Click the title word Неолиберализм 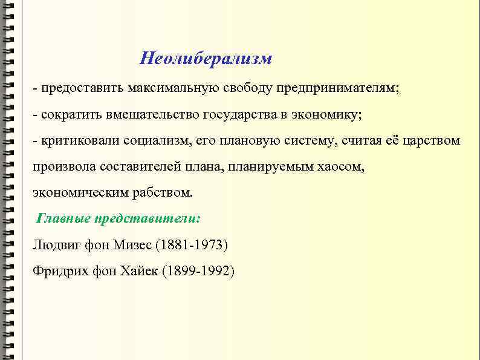point(206,59)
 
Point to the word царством point(433,141)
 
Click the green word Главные point(62,218)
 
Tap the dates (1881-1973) point(192,245)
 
